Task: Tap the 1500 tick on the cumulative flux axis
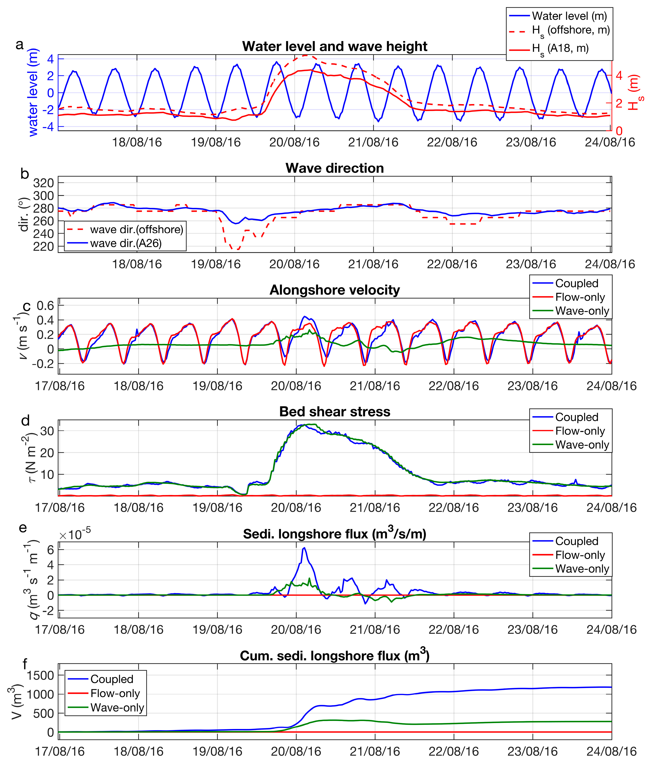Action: (40, 675)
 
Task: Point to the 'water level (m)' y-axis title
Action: (33, 92)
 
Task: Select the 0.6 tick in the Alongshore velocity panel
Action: (45, 305)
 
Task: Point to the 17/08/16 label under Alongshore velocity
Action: (60, 386)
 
